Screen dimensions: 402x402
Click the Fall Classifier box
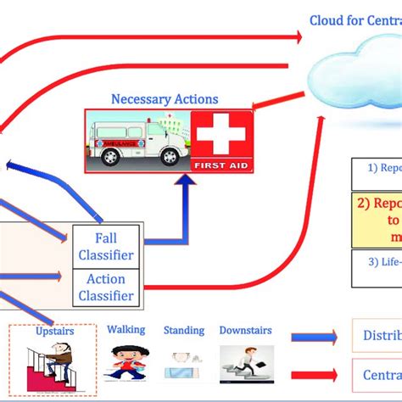107,245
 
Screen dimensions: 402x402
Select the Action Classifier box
107,287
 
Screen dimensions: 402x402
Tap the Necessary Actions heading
165,99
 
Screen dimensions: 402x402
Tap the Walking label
126,329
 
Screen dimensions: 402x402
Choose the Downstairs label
245,330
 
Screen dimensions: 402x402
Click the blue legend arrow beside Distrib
315,335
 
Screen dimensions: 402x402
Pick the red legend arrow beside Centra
315,374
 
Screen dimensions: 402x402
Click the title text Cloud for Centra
355,20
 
